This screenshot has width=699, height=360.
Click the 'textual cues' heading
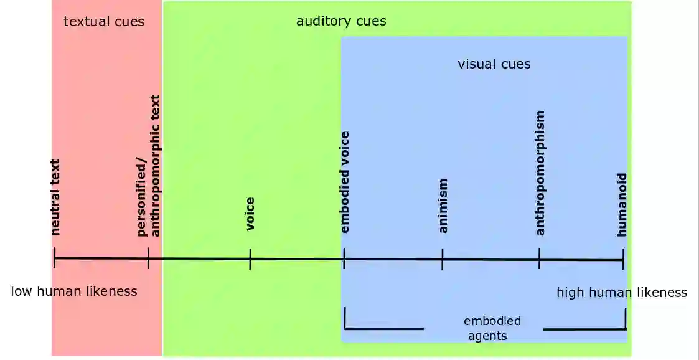104,22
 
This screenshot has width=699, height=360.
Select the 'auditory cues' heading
341,21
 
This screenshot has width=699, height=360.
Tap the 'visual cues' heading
494,64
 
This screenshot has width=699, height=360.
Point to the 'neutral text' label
55,197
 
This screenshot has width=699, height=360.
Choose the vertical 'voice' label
250,214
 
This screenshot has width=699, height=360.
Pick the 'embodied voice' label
345,182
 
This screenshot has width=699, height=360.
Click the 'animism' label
443,206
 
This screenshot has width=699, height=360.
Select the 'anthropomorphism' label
540,173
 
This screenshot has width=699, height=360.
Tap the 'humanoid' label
622,204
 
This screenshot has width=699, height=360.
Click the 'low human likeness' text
74,291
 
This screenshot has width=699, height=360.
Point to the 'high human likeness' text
621,293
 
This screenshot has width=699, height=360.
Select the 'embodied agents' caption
491,328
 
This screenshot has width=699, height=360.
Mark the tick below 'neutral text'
55,258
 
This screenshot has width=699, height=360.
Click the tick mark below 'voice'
250,258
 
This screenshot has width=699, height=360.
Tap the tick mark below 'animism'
443,259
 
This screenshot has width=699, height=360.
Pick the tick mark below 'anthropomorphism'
540,259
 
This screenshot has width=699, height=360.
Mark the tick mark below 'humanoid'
623,259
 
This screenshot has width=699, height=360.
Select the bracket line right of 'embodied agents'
584,329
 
